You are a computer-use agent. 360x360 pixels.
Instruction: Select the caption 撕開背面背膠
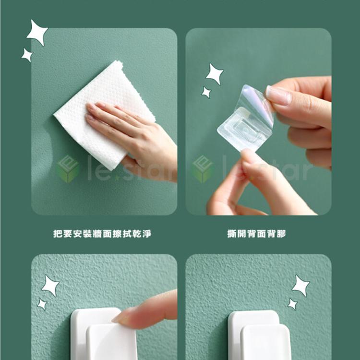click(x=257, y=234)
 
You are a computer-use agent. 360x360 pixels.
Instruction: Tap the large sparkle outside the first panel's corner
click(x=37, y=33)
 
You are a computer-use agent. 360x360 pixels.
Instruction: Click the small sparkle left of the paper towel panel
click(x=27, y=55)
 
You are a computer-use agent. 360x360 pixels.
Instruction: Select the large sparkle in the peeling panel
click(x=215, y=73)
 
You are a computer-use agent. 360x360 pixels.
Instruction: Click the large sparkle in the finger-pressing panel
click(x=50, y=286)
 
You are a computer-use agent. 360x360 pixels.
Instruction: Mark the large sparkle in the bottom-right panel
click(x=301, y=286)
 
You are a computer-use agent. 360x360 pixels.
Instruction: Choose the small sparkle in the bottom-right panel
click(x=292, y=304)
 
